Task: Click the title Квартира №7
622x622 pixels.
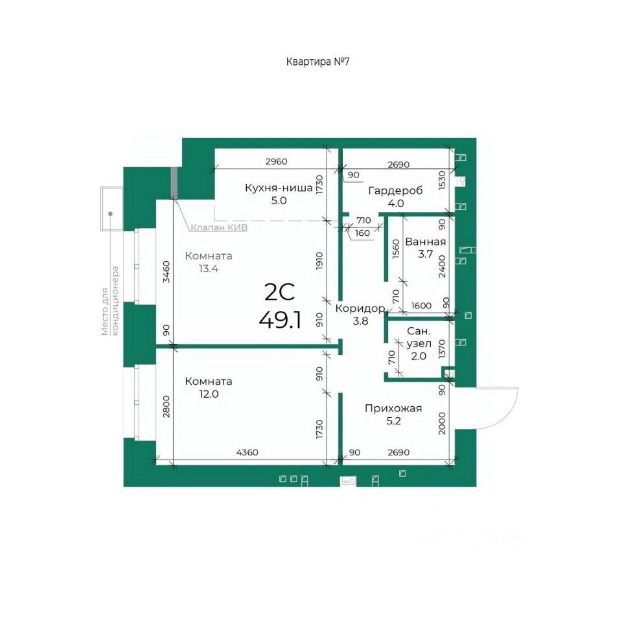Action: pos(317,62)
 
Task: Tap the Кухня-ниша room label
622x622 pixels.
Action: pos(279,188)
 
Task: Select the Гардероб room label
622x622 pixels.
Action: pos(395,190)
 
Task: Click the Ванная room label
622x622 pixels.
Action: pos(425,242)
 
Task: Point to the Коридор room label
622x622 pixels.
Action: pos(360,308)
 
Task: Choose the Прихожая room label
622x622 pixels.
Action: pos(393,408)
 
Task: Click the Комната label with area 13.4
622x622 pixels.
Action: pos(208,256)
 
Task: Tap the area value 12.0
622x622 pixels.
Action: pos(209,394)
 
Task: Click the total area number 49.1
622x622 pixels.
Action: pos(280,319)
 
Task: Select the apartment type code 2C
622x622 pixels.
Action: pos(280,292)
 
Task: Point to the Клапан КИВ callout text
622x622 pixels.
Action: pos(219,227)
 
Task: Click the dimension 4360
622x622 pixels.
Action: pos(247,452)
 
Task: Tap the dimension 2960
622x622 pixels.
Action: pos(277,161)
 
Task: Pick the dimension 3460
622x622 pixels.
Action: pos(167,271)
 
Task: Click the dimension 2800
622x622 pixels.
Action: pos(167,406)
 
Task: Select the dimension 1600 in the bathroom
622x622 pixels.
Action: pos(421,305)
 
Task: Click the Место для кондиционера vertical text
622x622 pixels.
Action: pos(110,301)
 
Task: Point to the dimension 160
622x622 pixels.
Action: pos(362,233)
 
